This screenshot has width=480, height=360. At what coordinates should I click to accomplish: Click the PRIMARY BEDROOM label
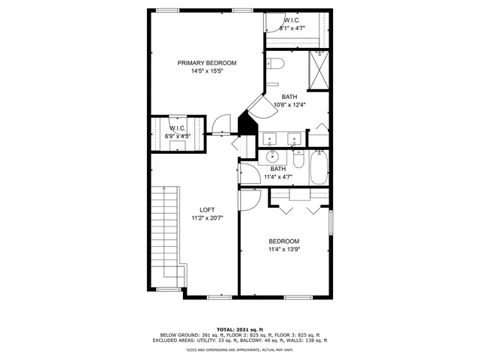[207, 63]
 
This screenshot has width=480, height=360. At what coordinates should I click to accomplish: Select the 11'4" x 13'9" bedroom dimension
[284, 250]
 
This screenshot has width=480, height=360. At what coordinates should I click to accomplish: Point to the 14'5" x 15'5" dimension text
[207, 72]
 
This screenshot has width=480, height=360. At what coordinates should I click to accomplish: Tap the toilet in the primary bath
[274, 65]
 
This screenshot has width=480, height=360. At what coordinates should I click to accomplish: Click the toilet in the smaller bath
[298, 161]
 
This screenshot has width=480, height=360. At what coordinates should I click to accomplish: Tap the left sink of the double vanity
[271, 138]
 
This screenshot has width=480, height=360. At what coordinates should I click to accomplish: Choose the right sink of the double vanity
[294, 138]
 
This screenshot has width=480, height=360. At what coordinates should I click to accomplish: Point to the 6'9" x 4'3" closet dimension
[178, 136]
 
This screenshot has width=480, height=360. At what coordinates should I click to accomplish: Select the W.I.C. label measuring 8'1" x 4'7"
[293, 19]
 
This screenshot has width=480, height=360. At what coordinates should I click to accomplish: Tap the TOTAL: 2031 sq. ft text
[240, 329]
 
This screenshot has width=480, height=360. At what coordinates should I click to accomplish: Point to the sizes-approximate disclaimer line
[240, 350]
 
